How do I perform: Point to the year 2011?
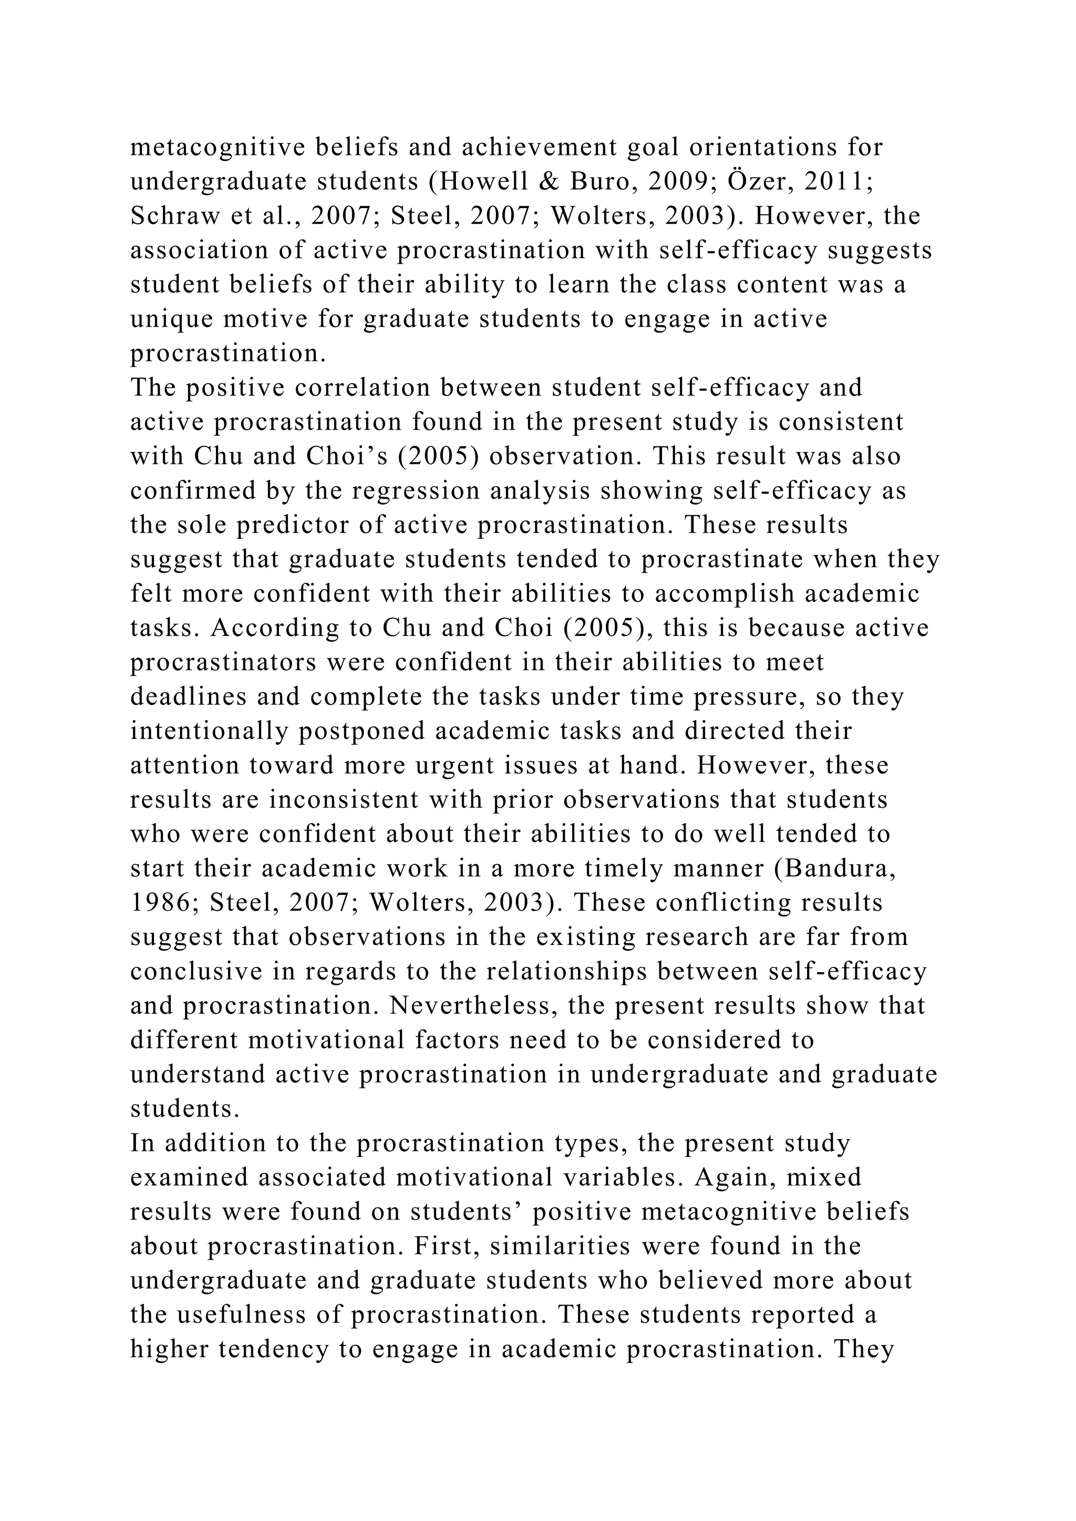point(834,182)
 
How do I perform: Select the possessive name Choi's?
point(345,456)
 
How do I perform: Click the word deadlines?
point(188,697)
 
